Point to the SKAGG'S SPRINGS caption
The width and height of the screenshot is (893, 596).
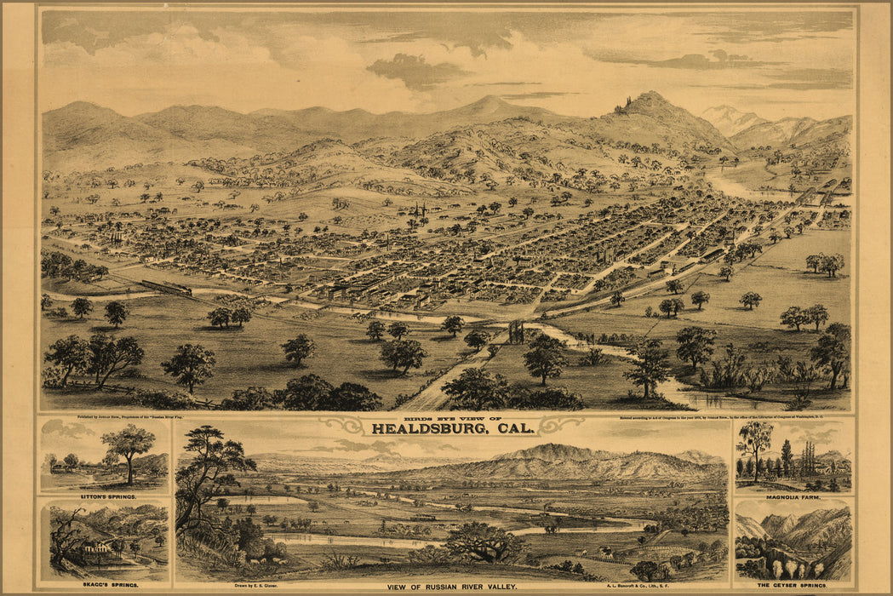point(104,586)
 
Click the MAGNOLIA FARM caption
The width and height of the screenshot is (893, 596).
point(794,496)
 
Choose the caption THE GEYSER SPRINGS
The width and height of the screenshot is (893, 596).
point(793,586)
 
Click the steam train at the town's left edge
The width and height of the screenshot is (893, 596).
point(166,288)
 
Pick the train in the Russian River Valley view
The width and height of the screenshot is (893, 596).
point(422,517)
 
